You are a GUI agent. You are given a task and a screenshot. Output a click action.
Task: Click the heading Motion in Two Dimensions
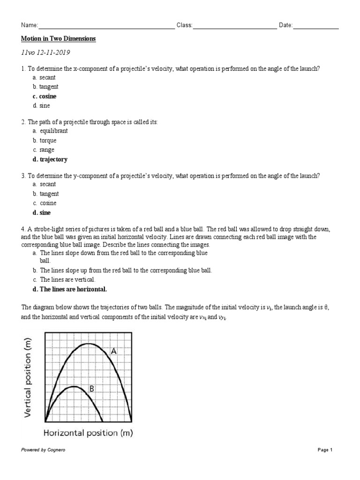[x=59, y=39]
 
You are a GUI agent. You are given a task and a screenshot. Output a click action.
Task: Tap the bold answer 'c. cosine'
[x=44, y=97]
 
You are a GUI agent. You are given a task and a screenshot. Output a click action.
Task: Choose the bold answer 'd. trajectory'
[x=50, y=159]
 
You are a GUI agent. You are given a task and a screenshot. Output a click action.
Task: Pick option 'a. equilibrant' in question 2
[x=50, y=131]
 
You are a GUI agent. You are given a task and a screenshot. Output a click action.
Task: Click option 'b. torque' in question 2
[x=45, y=141]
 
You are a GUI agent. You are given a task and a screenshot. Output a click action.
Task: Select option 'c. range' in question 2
[x=44, y=150]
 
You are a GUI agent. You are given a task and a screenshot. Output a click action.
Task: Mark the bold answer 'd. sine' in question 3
[x=41, y=213]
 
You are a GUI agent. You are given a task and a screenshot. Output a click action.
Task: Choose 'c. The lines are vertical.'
[x=64, y=280]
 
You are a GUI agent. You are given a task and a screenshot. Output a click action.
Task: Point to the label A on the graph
[x=113, y=351]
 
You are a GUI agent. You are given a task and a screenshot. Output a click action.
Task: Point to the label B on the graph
[x=92, y=389]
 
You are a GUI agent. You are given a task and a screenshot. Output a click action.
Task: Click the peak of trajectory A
[x=88, y=344]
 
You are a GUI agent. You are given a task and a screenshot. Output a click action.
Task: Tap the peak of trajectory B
[x=74, y=387]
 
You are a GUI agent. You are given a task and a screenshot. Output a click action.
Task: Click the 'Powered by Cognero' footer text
[x=43, y=450]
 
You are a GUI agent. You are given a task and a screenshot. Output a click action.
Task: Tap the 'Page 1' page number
[x=325, y=450]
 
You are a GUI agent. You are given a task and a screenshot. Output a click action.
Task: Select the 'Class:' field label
[x=184, y=25]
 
